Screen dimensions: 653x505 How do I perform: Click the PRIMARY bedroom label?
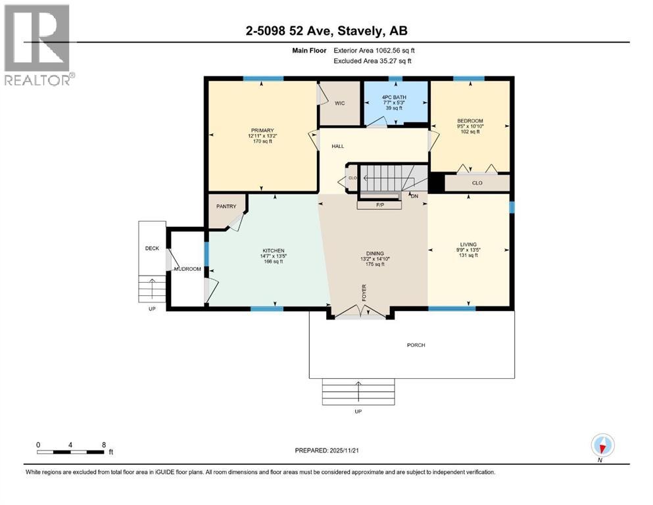tap(262, 130)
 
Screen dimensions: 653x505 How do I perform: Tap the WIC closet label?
tap(340, 103)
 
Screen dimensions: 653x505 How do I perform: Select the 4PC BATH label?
tap(394, 97)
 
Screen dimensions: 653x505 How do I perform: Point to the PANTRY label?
tap(226, 206)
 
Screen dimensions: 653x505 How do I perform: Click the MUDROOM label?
tap(187, 269)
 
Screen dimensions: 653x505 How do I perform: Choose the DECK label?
tap(152, 249)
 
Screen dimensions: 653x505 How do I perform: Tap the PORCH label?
tap(416, 345)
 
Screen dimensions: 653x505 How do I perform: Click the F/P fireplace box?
tap(379, 205)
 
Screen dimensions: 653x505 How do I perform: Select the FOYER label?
tap(364, 293)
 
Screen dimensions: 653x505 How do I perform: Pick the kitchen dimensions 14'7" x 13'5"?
tap(274, 256)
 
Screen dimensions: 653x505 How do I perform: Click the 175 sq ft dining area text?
tap(375, 264)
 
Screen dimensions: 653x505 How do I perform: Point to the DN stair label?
tap(414, 196)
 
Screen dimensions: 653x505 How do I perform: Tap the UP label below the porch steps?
tap(358, 412)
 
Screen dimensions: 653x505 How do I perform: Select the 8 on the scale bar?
tap(104, 445)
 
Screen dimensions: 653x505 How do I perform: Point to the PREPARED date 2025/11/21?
tap(344, 450)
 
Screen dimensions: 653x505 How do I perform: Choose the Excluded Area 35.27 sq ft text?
tap(373, 60)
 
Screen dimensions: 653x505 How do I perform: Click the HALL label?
tap(338, 147)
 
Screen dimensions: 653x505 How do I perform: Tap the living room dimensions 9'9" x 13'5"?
tap(468, 251)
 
